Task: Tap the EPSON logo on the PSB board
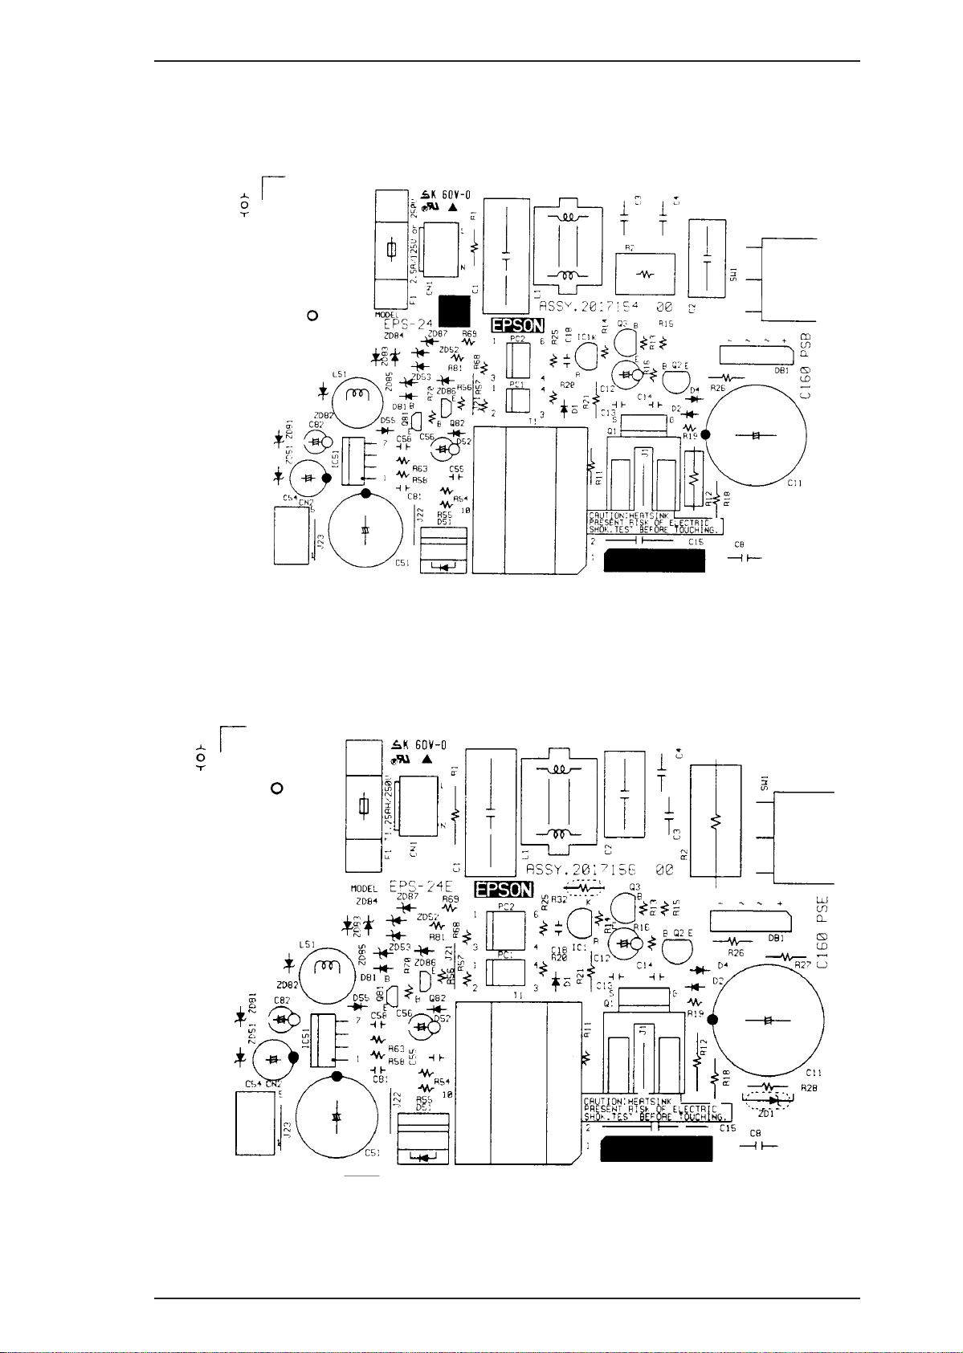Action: [518, 326]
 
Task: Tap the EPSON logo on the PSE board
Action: [504, 889]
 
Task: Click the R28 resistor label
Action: [809, 1089]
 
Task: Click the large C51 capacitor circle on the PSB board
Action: [365, 530]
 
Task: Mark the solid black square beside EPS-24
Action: [454, 312]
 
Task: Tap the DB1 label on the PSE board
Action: [776, 937]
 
